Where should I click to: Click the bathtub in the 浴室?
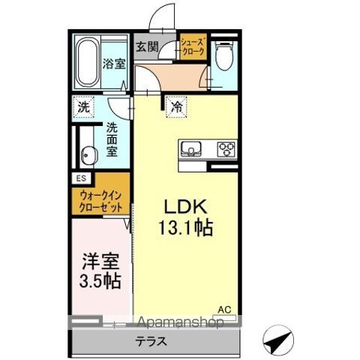click(x=87, y=61)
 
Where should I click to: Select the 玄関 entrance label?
click(x=145, y=46)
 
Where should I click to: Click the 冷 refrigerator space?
click(x=175, y=107)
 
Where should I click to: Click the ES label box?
click(x=80, y=178)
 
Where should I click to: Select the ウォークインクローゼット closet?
click(x=101, y=201)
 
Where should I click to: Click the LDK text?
click(x=185, y=206)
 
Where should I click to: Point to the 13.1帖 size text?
click(x=185, y=228)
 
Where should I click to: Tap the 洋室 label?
click(x=100, y=263)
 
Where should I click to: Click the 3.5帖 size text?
click(x=100, y=285)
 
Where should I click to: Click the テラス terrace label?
click(x=152, y=340)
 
